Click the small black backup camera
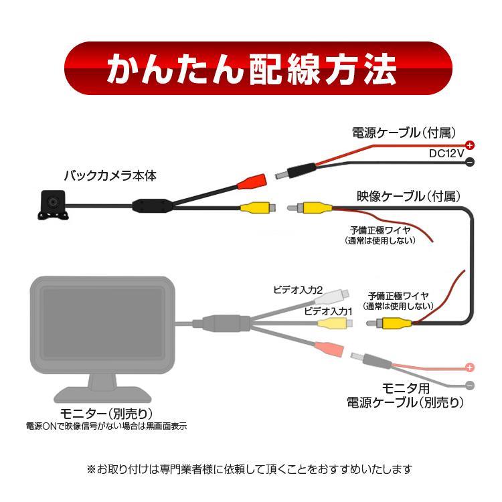click(x=52, y=203)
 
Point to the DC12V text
click(x=446, y=154)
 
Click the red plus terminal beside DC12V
click(x=470, y=145)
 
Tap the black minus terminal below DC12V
click(x=470, y=162)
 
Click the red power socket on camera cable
click(x=252, y=181)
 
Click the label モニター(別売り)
click(x=107, y=412)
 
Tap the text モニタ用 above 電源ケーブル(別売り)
click(x=405, y=389)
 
